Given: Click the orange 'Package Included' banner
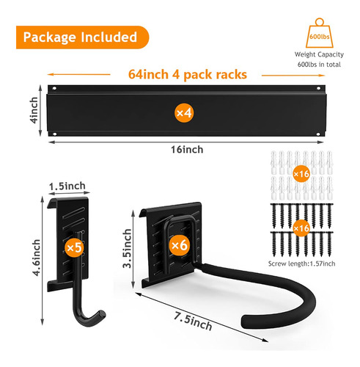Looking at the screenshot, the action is click(82, 37).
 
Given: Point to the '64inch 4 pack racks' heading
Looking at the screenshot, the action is click(188, 74).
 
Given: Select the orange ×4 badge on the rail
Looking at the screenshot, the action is click(184, 113).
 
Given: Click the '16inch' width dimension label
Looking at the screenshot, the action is click(187, 150).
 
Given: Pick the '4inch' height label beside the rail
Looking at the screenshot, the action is click(34, 110).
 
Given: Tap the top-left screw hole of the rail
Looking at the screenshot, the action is click(54, 88).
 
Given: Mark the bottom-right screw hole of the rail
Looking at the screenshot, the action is click(318, 134).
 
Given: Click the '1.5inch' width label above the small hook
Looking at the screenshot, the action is click(67, 186).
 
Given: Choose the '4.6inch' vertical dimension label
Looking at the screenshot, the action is click(36, 258).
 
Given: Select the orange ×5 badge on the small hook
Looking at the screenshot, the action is click(74, 247).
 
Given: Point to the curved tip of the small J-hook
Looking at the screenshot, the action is click(101, 315).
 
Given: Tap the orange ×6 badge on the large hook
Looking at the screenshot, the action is click(180, 245).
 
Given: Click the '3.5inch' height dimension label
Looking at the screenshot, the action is click(127, 248).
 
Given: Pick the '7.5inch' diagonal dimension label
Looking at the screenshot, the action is click(193, 321).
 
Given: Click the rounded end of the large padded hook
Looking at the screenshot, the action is click(247, 321).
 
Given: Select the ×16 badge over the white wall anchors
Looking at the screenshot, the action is click(301, 174).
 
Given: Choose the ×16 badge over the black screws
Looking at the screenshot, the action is click(301, 228).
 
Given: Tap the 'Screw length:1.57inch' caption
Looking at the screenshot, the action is click(301, 264).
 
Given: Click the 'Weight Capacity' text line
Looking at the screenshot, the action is click(319, 54).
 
